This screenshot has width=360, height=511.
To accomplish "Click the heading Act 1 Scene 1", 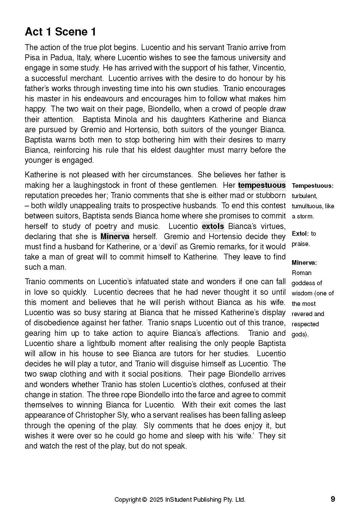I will [60, 32].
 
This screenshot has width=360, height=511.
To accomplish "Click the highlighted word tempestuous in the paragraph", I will [262, 185].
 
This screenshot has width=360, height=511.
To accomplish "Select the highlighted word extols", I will [213, 226].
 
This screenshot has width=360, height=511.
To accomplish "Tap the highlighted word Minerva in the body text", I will [115, 236].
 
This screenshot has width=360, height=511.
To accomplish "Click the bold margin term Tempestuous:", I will [312, 186].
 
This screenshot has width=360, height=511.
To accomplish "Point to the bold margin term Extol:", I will [300, 234].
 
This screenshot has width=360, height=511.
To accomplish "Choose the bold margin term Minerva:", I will [304, 263].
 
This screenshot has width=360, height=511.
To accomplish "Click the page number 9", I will [333, 499].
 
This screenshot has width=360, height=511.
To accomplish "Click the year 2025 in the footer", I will [157, 500].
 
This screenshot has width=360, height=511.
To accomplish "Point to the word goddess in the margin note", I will [303, 283].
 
